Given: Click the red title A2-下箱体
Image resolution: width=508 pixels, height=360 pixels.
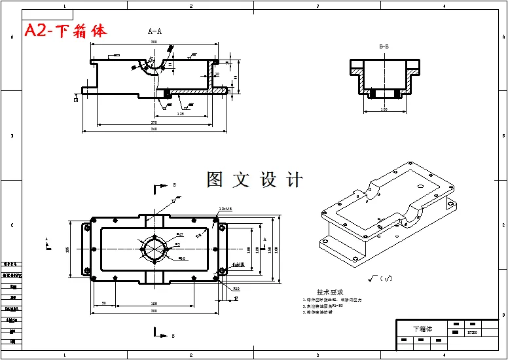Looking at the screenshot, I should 65,31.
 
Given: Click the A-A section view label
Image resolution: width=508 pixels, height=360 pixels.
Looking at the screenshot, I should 154,31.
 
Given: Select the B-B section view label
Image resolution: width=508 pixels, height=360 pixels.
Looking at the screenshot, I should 384,46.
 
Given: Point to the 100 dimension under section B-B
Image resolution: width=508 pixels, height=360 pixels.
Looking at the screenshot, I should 384,109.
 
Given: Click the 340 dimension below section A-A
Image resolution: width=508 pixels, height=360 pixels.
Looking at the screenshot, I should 154,129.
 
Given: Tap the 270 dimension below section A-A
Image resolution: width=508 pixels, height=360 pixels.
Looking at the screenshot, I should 154,122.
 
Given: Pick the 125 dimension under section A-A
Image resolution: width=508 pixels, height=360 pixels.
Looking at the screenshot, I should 180,114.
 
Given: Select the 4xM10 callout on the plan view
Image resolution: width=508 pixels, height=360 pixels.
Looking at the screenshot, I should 238,264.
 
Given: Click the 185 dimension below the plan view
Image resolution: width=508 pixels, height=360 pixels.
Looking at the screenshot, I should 154,304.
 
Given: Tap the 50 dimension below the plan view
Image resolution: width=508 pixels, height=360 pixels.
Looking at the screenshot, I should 104,304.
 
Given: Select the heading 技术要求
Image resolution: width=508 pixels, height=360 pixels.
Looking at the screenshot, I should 330,293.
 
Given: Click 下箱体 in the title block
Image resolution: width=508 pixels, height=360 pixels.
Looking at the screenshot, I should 422,329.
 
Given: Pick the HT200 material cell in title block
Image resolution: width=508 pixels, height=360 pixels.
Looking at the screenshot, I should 471,333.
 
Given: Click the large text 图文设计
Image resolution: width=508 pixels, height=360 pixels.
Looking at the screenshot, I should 255,179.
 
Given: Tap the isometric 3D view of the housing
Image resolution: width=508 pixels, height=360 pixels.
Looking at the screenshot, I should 386,209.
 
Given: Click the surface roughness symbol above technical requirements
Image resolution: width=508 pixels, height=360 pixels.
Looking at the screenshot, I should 379,279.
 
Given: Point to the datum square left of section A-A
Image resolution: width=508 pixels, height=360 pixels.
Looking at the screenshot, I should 77,99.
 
